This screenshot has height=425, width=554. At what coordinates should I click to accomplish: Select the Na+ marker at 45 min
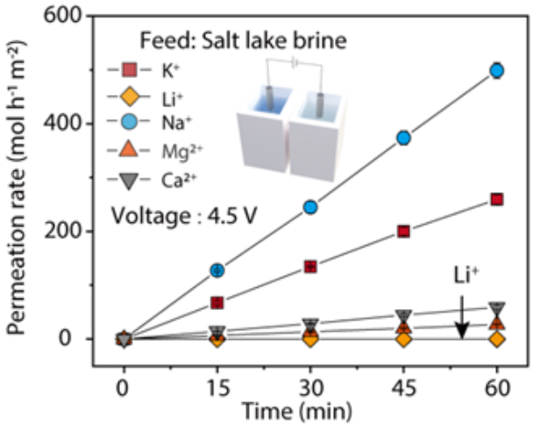coord(404,138)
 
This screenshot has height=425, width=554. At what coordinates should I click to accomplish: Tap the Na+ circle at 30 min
coord(310,207)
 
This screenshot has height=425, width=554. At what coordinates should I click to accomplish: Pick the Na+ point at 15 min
coord(217,270)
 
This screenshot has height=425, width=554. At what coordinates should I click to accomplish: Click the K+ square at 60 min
coord(497,199)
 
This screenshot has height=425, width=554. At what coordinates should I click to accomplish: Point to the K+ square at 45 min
coord(404,232)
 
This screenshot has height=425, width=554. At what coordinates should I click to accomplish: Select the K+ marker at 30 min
coord(310,266)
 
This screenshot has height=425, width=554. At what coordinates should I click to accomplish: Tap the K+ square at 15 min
coord(217,303)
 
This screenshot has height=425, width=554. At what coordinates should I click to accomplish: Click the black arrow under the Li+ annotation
coord(461,321)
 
